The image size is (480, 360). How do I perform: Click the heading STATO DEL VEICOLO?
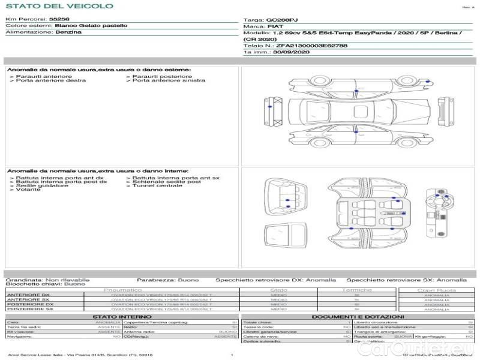(59, 6)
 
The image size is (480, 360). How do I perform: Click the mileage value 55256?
(59, 19)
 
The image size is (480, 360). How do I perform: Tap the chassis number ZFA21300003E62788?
(311, 45)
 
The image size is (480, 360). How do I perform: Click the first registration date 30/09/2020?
(290, 52)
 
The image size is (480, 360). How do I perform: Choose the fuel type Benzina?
(68, 32)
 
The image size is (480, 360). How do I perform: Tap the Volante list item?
(28, 190)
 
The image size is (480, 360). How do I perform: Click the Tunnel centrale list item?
(157, 185)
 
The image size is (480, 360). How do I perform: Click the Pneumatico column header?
(122, 290)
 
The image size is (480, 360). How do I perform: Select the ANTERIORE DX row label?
(28, 295)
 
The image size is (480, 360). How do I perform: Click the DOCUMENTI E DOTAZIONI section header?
(358, 316)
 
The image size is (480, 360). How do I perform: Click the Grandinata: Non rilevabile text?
(47, 280)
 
